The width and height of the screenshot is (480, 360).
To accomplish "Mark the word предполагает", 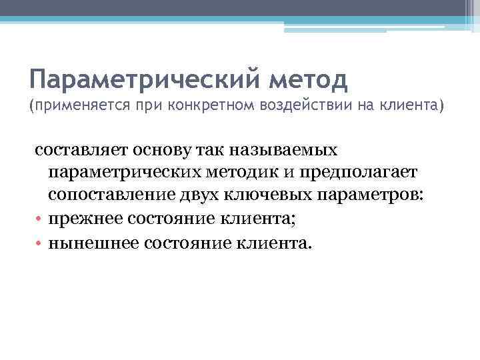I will click(359, 173).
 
